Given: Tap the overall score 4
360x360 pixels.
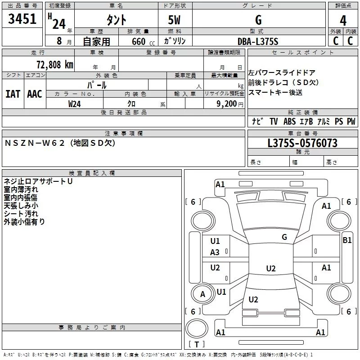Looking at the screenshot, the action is [343, 20].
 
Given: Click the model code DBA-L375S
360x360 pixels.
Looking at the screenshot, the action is [258, 41].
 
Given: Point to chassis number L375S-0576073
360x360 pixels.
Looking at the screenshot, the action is [302, 144].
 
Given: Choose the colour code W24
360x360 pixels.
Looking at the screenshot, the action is [75, 103].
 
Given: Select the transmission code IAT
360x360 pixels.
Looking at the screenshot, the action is [13, 94].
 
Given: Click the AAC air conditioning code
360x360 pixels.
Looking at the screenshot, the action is [35, 94].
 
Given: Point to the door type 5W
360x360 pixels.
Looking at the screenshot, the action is [175, 20].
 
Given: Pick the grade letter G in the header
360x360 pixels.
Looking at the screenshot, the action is [258, 20].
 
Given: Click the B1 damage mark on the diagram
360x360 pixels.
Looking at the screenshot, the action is [347, 240].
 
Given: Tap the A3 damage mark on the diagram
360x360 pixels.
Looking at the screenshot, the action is [215, 252].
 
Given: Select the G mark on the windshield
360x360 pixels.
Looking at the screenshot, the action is [284, 237].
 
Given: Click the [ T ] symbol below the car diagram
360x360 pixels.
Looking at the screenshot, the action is [198, 345].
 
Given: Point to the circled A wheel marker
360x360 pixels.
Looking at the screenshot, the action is [202, 294].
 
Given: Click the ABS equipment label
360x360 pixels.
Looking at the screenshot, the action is [290, 121].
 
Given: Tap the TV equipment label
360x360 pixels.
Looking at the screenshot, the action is [274, 121].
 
